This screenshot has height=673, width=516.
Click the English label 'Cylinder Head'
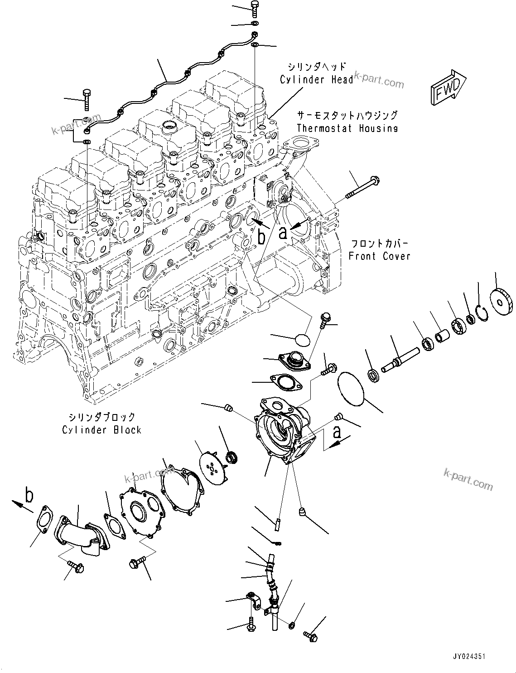click(316, 80)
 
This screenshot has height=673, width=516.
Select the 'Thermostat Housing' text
click(347, 128)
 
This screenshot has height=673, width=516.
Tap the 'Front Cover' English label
click(379, 256)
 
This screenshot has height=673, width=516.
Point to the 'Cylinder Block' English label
click(101, 429)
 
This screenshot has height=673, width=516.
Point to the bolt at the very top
click(254, 8)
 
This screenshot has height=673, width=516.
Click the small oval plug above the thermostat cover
click(303, 339)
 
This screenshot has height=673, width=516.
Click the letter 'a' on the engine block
click(283, 233)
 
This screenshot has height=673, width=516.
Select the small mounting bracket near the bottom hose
click(253, 600)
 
